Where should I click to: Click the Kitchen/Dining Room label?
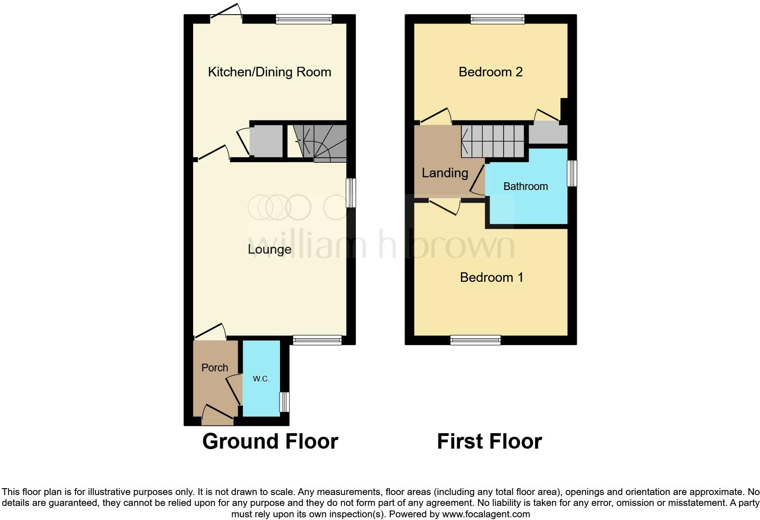(269, 72)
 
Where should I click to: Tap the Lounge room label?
(269, 249)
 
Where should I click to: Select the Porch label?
(215, 367)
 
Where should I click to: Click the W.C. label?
(261, 379)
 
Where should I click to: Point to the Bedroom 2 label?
(490, 72)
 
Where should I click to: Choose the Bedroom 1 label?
(491, 277)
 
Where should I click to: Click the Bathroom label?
(525, 186)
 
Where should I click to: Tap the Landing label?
(445, 173)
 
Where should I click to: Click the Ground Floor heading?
(270, 441)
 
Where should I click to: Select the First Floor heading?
(489, 441)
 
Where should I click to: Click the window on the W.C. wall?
(285, 401)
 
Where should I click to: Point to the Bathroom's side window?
(572, 173)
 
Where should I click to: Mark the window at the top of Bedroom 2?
(498, 19)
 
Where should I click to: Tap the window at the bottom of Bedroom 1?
(475, 340)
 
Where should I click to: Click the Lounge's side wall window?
(350, 193)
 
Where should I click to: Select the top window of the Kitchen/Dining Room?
(304, 19)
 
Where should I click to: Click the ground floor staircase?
(320, 142)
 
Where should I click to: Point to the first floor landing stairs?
(493, 141)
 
